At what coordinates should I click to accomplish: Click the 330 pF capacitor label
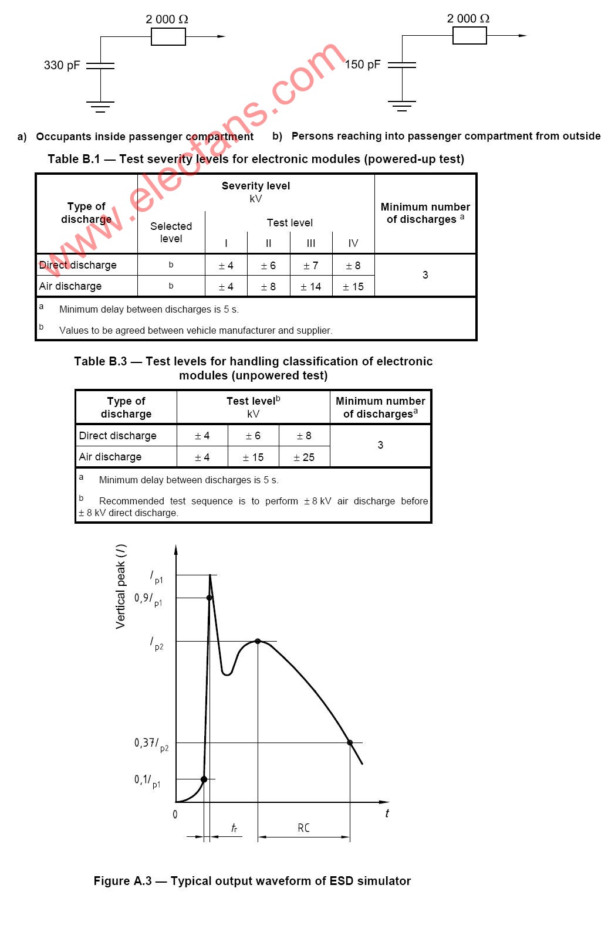[x=62, y=65]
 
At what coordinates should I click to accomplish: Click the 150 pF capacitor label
[x=363, y=65]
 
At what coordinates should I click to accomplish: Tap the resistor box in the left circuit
[x=168, y=37]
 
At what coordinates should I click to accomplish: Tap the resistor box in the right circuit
[x=469, y=36]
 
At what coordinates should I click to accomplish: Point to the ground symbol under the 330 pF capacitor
[x=100, y=107]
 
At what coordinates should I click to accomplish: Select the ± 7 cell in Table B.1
[x=310, y=266]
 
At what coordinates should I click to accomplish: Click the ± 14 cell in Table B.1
[x=310, y=287]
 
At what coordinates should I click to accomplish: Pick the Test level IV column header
[x=353, y=243]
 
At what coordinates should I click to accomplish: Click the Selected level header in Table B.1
[x=171, y=232]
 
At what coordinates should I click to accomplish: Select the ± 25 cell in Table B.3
[x=304, y=457]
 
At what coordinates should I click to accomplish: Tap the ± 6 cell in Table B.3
[x=253, y=436]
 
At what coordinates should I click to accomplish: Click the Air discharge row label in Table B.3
[x=110, y=457]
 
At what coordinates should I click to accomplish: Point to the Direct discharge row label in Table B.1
[x=78, y=265]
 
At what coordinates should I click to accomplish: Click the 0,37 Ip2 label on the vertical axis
[x=151, y=744]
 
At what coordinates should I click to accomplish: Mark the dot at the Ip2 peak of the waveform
[x=258, y=641]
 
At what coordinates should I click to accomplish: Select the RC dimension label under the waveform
[x=303, y=828]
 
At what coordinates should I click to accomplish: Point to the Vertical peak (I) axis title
[x=121, y=586]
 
